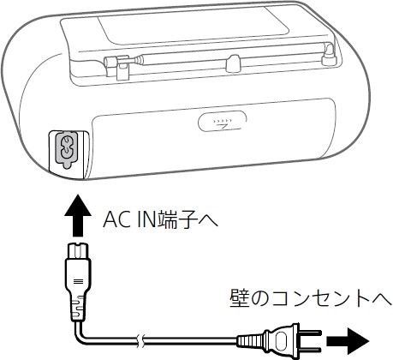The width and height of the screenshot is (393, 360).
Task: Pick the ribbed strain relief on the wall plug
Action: coord(253,341)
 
